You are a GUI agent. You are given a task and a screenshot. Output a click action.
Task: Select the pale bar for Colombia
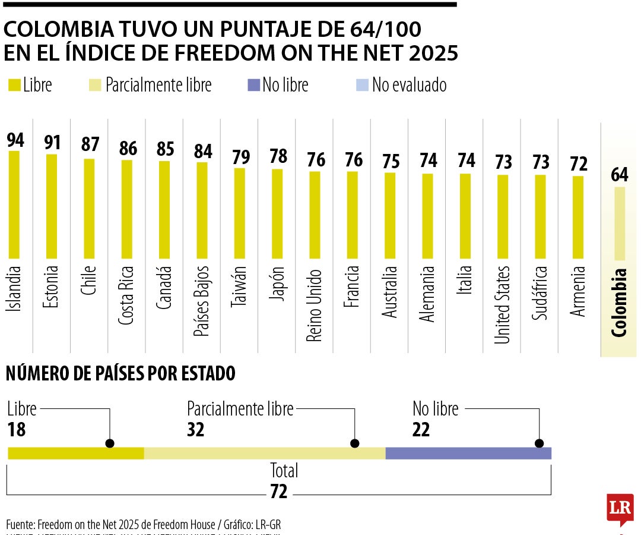(620, 224)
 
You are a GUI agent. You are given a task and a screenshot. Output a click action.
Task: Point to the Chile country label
(89, 279)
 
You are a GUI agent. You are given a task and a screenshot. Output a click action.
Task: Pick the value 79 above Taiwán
(240, 157)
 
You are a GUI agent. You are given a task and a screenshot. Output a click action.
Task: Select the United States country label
(502, 304)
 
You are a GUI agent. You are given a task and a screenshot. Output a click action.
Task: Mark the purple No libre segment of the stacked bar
(468, 453)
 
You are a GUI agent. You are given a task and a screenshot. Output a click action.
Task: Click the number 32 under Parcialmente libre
(196, 429)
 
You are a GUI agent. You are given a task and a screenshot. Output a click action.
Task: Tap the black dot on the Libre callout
(109, 443)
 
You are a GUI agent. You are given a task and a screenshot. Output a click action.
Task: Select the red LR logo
(620, 508)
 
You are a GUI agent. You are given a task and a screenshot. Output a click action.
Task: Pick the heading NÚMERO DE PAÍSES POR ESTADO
(120, 374)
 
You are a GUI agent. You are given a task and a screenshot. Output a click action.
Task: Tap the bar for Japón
(277, 214)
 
